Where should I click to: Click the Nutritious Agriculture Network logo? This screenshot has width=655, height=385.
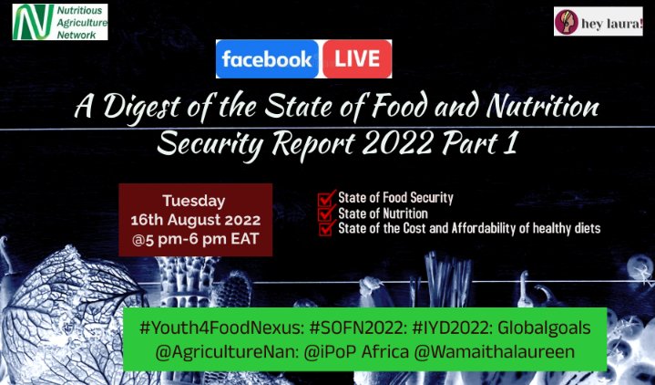60,21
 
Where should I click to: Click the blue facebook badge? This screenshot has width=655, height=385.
267,59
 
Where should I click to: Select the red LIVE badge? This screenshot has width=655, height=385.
356,59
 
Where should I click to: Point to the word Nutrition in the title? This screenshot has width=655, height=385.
530,112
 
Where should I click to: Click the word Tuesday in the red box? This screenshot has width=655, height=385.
194,201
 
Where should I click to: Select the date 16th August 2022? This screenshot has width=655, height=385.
196,221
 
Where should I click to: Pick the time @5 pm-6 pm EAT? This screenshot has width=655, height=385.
196,241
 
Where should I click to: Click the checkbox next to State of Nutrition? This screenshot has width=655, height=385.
324,213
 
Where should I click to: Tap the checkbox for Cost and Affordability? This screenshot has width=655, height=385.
324,229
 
